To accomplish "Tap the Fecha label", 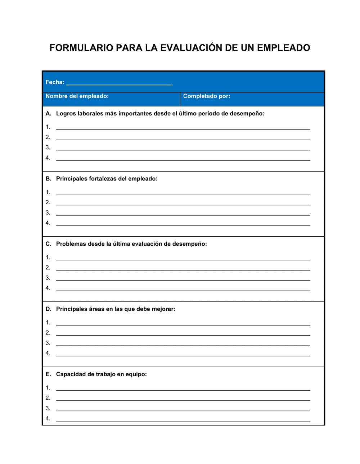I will (55, 82).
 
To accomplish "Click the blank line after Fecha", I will (120, 83).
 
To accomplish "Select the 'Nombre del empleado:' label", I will (77, 96).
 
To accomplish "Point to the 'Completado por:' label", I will (206, 96).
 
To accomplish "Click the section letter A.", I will (48, 114).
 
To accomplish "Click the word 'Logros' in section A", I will (66, 114).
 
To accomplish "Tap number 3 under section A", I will (48, 147).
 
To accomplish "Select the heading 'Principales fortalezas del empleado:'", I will (107, 179).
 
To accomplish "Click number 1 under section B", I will (48, 192).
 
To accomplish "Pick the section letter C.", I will (48, 244).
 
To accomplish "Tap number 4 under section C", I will (48, 288).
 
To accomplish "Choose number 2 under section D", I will (48, 333).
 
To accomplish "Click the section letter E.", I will (48, 374).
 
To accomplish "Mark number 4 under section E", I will (48, 418).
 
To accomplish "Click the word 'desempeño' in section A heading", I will (247, 114).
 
